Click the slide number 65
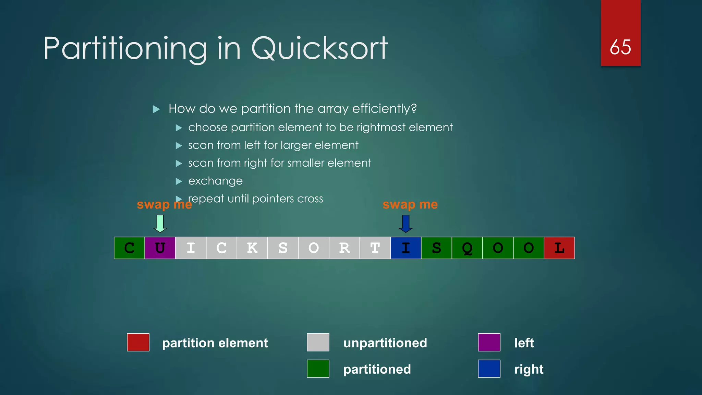pos(620,47)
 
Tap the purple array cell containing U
pos(160,248)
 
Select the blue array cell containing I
pos(406,248)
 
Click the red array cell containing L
pos(559,248)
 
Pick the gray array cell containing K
pos(252,248)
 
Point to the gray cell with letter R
pos(344,248)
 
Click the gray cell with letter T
pos(375,248)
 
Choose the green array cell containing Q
pos(467,248)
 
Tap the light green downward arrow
pos(160,224)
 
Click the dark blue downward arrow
pos(406,224)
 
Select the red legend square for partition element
pos(138,342)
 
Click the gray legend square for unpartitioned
pos(318,342)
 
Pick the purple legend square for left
pos(489,342)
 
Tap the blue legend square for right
pos(489,369)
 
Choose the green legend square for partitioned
pos(318,369)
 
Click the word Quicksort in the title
pos(319,49)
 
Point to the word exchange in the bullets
pos(215,181)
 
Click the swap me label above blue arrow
pos(410,204)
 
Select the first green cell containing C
pos(129,248)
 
